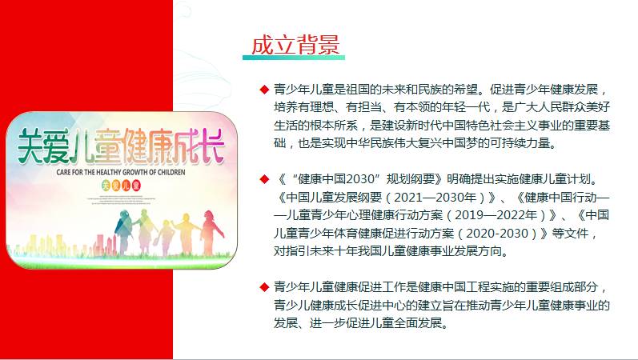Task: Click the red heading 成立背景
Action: (295, 45)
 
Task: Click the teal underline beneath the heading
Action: (293, 58)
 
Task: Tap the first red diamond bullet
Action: (264, 89)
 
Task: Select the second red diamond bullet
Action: (264, 179)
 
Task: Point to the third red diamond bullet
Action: (264, 287)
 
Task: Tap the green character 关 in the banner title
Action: (32, 146)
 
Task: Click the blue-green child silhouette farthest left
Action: (124, 231)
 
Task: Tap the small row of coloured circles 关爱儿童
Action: (121, 186)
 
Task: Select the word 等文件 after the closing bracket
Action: (570, 233)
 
